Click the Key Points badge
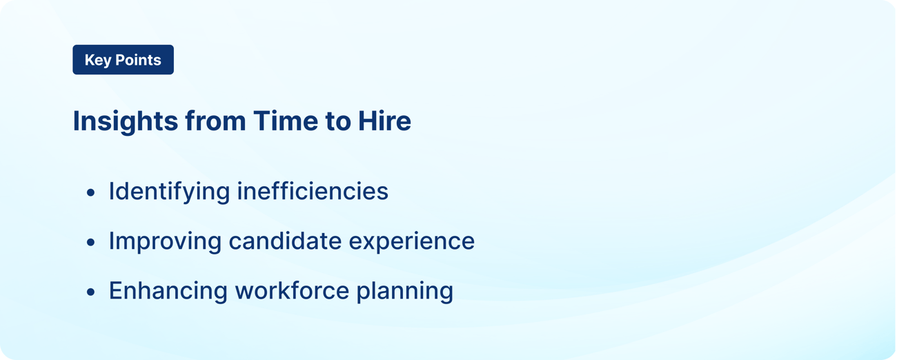point(123,60)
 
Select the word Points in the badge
point(138,60)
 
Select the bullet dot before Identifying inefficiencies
point(91,193)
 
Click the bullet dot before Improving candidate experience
point(91,243)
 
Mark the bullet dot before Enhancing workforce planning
point(91,292)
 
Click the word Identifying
point(169,192)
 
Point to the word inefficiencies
point(313,191)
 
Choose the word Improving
point(164,241)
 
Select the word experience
point(412,242)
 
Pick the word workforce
point(292,290)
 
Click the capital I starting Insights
point(77,121)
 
